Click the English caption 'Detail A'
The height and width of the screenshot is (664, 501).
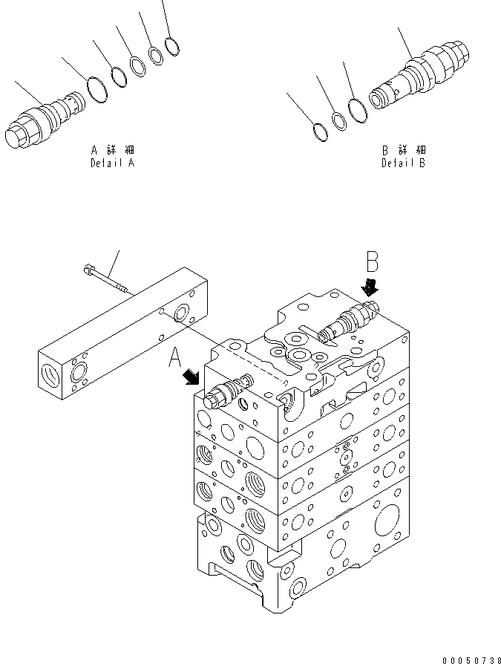coord(113,163)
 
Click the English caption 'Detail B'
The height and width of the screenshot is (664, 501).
coord(403,163)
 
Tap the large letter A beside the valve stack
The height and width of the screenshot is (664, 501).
coord(176,359)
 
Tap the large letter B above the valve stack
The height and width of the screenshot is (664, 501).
coord(373,261)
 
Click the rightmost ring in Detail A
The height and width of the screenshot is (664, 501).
coord(172,47)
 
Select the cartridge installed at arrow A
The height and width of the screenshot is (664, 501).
coord(228,392)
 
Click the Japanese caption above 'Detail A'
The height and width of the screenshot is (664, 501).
coord(113,150)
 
